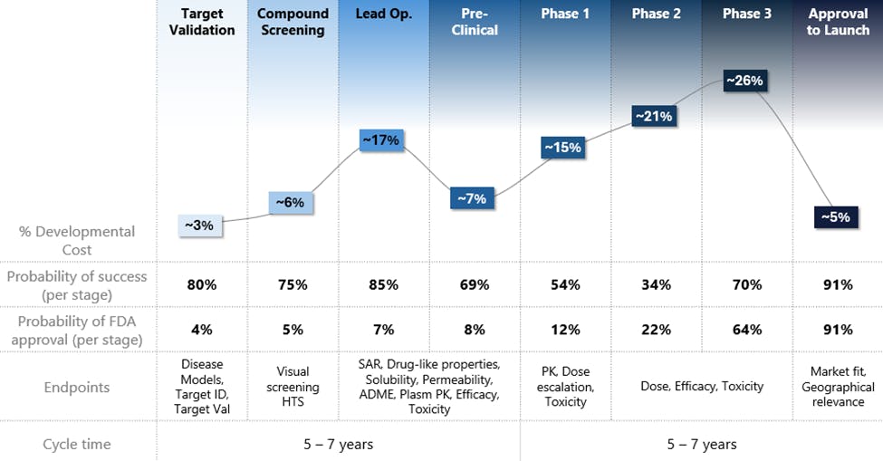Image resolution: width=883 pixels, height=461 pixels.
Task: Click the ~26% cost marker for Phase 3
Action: tap(745, 81)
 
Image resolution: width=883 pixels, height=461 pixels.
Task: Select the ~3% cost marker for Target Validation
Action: tap(199, 225)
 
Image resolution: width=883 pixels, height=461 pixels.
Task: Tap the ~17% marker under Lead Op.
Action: tap(380, 140)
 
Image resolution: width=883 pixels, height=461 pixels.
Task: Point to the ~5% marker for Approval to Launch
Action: tap(835, 217)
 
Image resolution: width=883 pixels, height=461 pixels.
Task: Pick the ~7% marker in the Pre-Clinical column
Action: tap(472, 198)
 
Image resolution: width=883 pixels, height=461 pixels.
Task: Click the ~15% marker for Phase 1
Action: tap(562, 147)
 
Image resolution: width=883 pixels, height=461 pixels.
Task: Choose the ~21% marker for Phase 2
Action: tap(653, 116)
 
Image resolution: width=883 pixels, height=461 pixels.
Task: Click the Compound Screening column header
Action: tap(293, 23)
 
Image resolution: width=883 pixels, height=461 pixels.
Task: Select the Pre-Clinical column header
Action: tap(475, 23)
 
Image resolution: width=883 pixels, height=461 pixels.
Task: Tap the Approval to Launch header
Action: tap(838, 23)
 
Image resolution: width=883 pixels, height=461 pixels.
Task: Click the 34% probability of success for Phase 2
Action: tap(656, 284)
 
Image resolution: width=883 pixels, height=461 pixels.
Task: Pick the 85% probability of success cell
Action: tap(383, 284)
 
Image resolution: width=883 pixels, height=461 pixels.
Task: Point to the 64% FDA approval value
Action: tap(746, 330)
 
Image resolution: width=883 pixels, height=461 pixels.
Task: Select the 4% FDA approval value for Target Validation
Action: tap(202, 330)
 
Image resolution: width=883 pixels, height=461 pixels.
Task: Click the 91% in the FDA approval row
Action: tap(838, 330)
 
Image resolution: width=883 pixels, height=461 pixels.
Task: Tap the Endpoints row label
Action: tap(77, 388)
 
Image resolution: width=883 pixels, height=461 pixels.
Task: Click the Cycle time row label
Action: tap(77, 444)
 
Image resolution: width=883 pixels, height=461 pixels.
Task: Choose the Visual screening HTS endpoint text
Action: tap(293, 387)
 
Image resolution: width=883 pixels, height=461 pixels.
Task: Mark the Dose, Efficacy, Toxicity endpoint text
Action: tap(701, 387)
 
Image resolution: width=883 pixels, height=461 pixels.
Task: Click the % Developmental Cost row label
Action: tap(77, 240)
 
